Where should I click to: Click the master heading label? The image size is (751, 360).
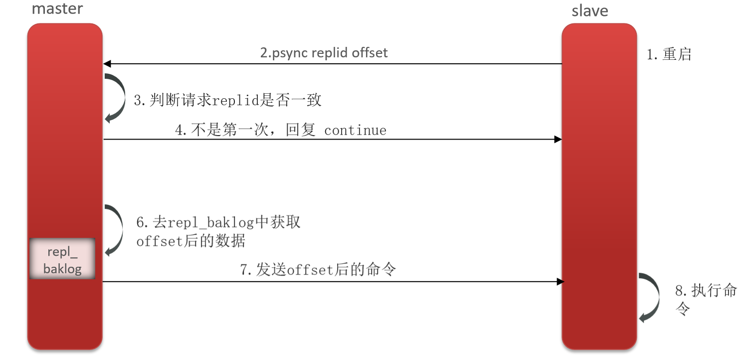point(57,8)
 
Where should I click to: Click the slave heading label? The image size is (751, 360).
point(590,10)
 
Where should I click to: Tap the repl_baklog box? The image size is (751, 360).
point(62,259)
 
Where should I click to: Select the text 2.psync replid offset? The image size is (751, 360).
point(324,53)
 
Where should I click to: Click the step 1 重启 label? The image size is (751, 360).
point(669,54)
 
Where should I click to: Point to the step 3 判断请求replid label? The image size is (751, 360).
point(227,100)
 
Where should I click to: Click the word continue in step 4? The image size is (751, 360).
point(355,131)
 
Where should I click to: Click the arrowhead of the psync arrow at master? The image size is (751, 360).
point(107,64)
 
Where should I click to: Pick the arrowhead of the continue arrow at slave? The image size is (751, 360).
point(558,140)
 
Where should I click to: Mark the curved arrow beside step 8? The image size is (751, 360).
point(649,297)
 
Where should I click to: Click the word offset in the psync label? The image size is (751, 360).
point(370,53)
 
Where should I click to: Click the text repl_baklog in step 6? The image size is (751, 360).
point(211,222)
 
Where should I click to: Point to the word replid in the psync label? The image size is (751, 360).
point(331,53)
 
